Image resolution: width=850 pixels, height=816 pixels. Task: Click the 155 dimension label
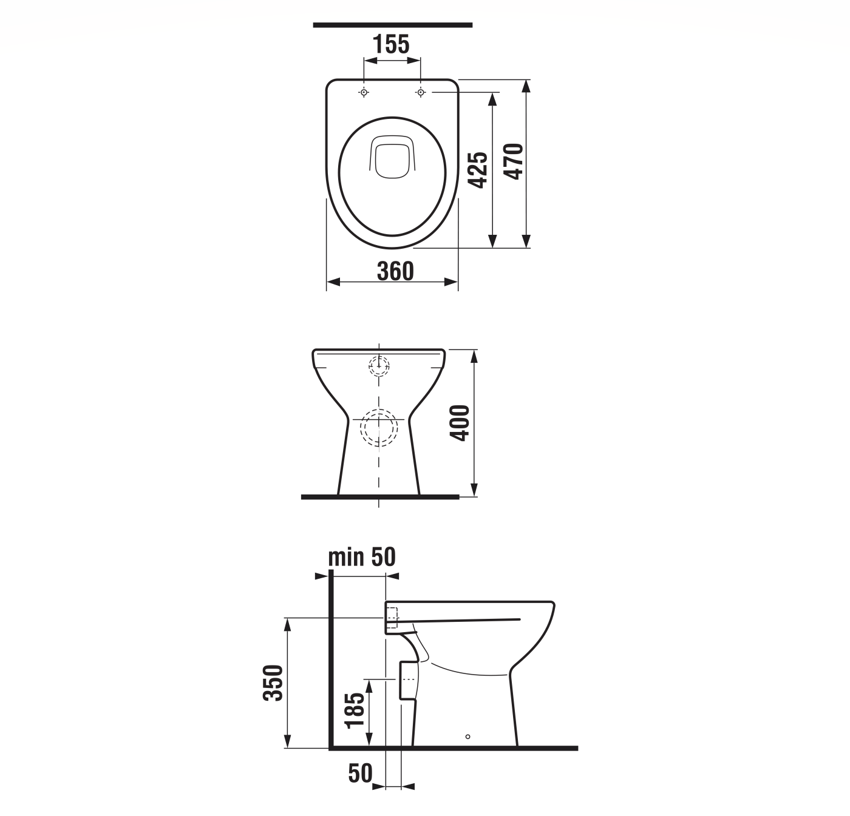(391, 44)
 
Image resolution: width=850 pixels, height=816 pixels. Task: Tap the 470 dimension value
(514, 161)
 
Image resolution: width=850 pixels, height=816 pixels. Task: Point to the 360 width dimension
(395, 271)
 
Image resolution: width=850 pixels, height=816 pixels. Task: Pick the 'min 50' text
(362, 556)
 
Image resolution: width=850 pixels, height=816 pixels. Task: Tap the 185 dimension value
(355, 710)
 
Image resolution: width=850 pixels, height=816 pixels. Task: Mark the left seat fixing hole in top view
(364, 92)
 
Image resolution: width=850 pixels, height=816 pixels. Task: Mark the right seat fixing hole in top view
(420, 92)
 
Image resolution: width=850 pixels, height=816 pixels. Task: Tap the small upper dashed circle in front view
(379, 365)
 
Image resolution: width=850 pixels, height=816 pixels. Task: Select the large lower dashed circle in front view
(379, 427)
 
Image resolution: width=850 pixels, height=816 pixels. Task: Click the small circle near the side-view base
(467, 737)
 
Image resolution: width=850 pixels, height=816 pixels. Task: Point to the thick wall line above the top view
(392, 25)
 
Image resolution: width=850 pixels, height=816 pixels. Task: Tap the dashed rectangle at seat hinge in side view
(392, 617)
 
